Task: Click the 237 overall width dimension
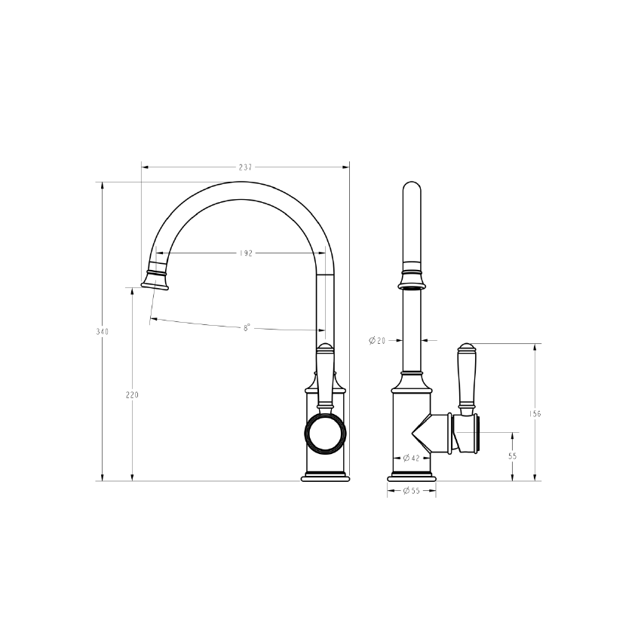245,167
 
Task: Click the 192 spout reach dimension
245,253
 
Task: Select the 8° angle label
247,328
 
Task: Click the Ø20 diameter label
377,341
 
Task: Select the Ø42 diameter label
411,457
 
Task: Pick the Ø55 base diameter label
411,491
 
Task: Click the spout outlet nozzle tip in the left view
157,281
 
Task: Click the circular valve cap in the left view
326,435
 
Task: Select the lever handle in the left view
326,373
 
